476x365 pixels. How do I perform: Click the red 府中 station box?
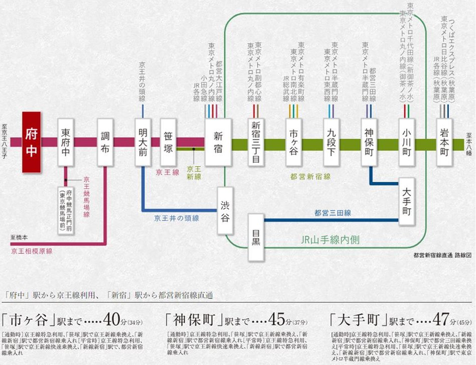32,142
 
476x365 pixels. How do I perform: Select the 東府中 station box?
65,142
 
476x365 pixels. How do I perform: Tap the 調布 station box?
104,142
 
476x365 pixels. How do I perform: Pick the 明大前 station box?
143,142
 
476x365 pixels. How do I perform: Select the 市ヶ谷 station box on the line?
293,142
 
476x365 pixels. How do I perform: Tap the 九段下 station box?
332,142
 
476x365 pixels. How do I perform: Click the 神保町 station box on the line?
369,142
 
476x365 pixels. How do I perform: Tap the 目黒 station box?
256,237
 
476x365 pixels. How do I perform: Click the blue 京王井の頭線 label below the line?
177,218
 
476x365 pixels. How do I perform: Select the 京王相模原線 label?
32,250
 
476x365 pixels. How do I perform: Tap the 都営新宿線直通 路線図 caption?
440,256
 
